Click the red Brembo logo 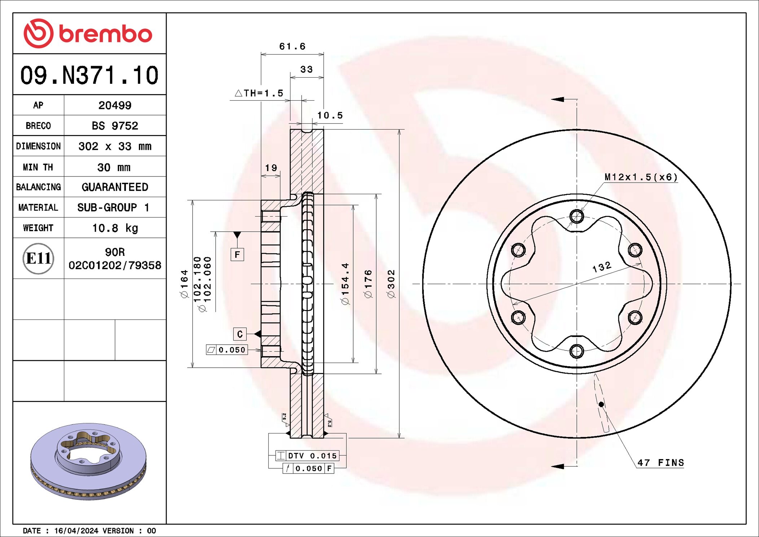[x=88, y=33]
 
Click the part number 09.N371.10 [x=89, y=75]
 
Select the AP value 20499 [x=115, y=105]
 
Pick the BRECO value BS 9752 [x=115, y=126]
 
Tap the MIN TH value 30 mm [x=114, y=167]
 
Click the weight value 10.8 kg [x=115, y=228]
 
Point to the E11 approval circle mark [x=38, y=258]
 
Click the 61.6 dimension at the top [x=292, y=47]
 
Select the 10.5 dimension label [x=330, y=115]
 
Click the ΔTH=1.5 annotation [x=259, y=93]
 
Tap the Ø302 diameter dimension [x=391, y=284]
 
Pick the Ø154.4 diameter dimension [x=345, y=284]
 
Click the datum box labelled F [x=237, y=254]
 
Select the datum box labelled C [x=240, y=334]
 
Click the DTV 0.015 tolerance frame [x=307, y=456]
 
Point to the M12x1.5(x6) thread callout [x=641, y=177]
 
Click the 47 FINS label [x=661, y=463]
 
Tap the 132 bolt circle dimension [x=602, y=267]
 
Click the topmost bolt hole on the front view [x=576, y=217]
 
